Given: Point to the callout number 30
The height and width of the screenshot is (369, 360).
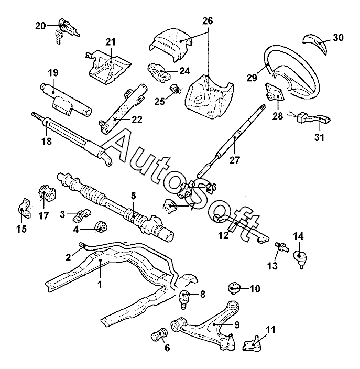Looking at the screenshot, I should [338, 37].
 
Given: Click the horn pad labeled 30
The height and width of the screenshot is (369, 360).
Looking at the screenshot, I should [315, 41].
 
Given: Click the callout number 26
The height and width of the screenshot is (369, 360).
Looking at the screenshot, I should [208, 21].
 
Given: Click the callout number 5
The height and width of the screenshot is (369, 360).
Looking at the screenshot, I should [134, 196].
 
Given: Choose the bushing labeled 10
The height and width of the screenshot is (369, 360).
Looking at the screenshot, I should [234, 288].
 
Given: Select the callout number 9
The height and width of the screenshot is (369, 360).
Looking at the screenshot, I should [237, 325].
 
